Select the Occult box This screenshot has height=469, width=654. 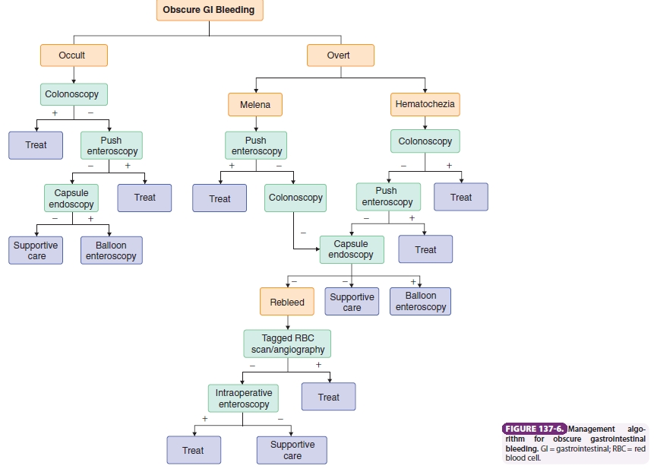pos(73,55)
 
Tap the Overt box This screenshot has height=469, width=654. pos(340,55)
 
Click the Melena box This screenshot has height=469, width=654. pos(254,105)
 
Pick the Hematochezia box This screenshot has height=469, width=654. pos(425,104)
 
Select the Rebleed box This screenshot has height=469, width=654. pos(286,302)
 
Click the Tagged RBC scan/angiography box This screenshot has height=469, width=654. pos(287,344)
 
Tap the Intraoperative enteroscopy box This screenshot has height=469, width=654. pos(243,398)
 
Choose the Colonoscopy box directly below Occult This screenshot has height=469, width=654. pos(74,94)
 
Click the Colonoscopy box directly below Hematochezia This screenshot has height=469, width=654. pos(425,141)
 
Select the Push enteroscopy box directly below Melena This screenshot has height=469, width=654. pos(255,145)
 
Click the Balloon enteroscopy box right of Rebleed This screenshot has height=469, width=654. pos(421,301)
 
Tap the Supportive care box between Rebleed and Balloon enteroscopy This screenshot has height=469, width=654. pos(352,302)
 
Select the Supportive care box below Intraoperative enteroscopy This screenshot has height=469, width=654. pos(292,450)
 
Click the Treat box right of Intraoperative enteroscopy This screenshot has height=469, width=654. pos(328,397)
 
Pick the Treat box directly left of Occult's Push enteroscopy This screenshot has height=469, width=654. pos(36,145)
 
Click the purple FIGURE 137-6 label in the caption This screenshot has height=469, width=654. pos(535,429)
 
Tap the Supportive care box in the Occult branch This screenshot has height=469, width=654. pos(36,250)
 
